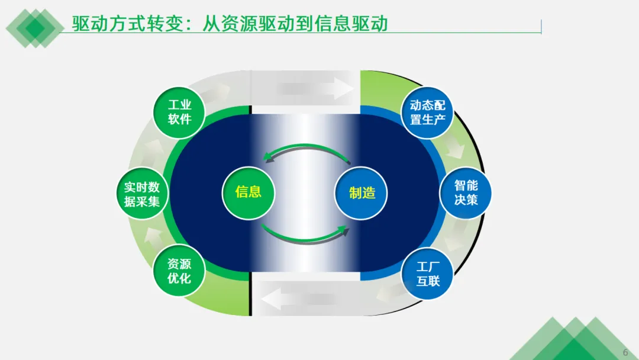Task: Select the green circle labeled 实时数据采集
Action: [x=142, y=194]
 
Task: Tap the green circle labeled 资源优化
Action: [x=179, y=271]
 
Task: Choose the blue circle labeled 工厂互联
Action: [x=428, y=274]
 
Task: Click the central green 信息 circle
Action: [x=248, y=192]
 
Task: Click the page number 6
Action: [x=625, y=352]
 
